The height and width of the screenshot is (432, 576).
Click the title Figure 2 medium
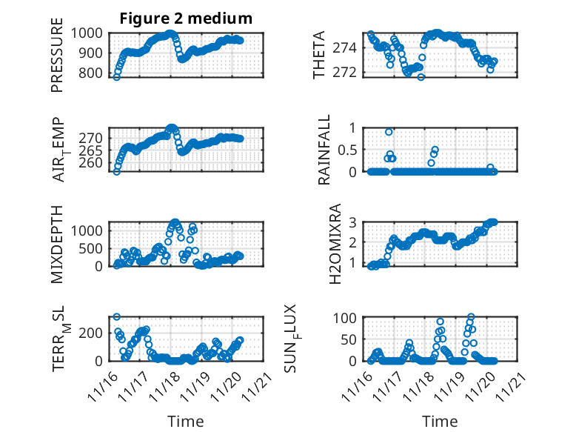click(x=186, y=19)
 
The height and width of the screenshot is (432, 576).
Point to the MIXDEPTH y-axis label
click(x=58, y=244)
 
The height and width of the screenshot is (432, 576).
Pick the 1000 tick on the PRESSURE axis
click(x=93, y=33)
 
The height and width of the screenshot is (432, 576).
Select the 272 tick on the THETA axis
click(x=350, y=72)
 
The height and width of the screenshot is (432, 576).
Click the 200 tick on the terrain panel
click(x=96, y=332)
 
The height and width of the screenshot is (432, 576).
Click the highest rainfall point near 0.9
click(x=389, y=132)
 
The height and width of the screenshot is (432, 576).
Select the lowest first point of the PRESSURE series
click(x=116, y=77)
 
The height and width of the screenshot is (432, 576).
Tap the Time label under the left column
click(x=186, y=422)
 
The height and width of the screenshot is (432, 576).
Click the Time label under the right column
click(x=440, y=422)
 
